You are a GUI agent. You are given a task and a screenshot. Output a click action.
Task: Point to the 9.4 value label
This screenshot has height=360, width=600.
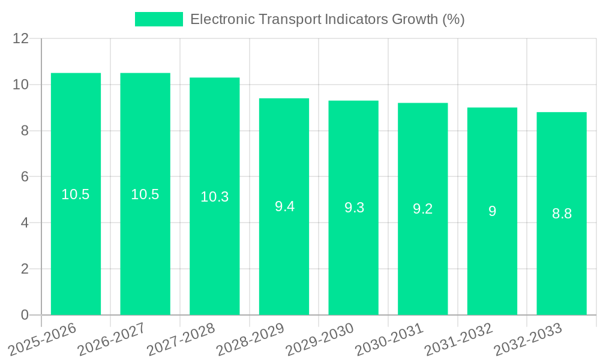click(284, 206)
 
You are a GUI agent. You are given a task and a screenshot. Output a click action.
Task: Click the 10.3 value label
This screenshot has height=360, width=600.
click(215, 197)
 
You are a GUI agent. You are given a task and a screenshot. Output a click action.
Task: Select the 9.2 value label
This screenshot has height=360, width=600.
click(423, 209)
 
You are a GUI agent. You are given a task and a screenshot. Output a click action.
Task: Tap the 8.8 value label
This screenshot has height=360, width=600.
click(562, 214)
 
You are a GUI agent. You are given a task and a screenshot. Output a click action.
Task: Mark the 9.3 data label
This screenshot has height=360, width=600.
click(354, 208)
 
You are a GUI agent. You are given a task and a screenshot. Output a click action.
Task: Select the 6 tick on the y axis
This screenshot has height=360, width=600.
click(25, 177)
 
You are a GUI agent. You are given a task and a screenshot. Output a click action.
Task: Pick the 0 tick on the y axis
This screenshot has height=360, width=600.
click(25, 315)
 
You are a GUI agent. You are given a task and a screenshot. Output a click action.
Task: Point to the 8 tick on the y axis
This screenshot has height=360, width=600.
click(25, 131)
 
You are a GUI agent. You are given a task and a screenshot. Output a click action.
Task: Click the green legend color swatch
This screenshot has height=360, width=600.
click(158, 19)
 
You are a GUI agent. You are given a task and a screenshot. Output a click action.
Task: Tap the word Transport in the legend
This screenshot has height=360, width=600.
click(290, 19)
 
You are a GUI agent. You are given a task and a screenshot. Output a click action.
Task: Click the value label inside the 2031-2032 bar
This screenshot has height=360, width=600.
click(492, 211)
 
